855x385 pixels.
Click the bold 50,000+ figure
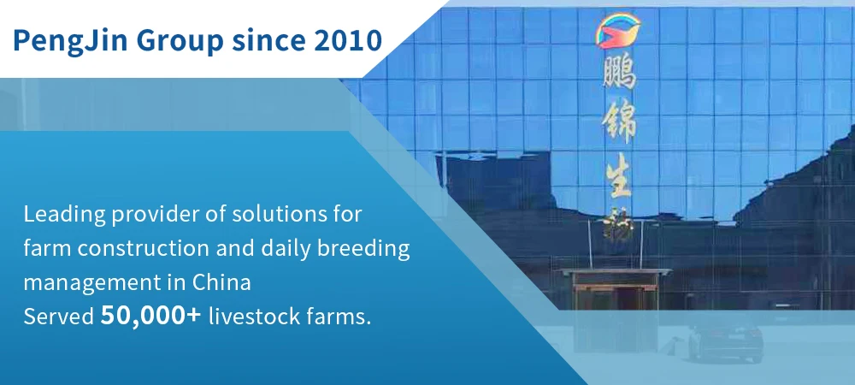point(151,316)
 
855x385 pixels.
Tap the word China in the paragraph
point(221,282)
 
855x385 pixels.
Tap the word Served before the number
point(59,317)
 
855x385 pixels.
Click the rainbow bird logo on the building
point(618,30)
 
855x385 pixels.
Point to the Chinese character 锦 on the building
point(619,124)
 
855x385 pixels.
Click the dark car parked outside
point(725,339)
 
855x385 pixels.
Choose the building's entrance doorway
point(616,295)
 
